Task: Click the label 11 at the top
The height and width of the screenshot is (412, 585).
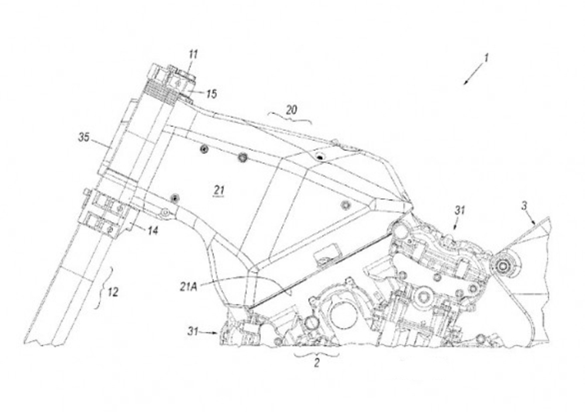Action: (x=193, y=54)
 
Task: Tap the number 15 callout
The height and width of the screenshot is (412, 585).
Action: (x=211, y=94)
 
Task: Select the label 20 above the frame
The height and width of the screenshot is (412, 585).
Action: (x=291, y=110)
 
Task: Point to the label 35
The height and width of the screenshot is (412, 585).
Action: (x=84, y=137)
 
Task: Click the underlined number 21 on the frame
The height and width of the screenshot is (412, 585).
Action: (x=219, y=191)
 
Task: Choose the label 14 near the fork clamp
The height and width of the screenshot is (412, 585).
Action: (x=153, y=230)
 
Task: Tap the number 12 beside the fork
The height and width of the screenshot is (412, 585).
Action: (x=113, y=292)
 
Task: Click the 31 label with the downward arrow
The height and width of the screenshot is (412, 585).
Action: (x=460, y=210)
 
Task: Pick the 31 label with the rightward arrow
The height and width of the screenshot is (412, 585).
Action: (x=192, y=331)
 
